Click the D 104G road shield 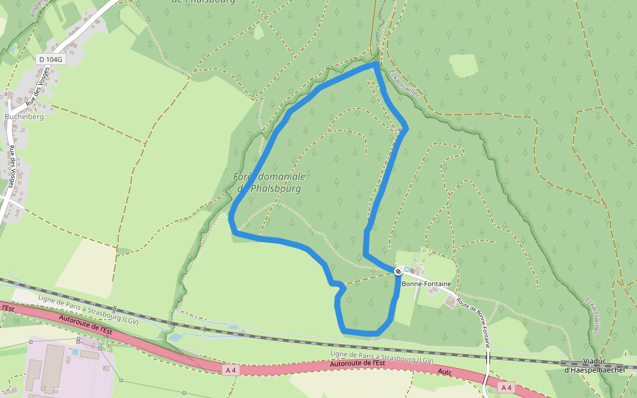50,59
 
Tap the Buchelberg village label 24,116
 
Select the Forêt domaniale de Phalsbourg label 269,182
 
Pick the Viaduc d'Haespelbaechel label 595,366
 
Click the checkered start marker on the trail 398,271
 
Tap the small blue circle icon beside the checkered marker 407,270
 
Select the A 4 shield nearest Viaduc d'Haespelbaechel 506,387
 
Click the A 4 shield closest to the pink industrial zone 230,370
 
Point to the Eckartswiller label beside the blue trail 405,84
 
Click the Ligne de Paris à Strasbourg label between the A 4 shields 382,356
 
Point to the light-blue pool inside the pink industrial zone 75,351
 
